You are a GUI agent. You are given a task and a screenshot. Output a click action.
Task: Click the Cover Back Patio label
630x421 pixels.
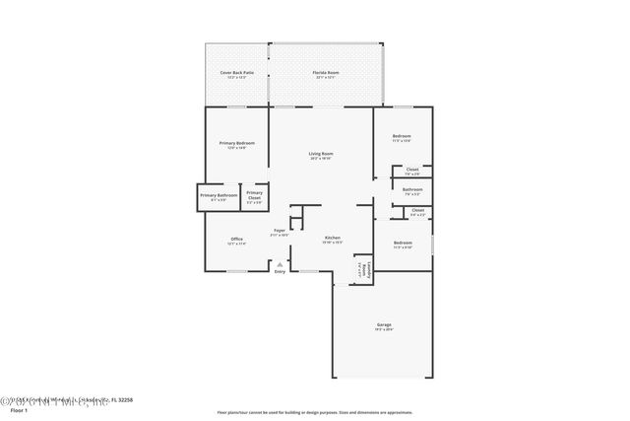pos(236,73)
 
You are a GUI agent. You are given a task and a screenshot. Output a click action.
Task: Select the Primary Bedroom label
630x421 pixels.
pos(237,144)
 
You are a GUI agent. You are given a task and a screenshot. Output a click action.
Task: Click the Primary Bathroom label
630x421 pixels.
pos(220,195)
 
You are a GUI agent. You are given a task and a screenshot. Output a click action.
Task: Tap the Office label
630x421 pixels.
pos(236,240)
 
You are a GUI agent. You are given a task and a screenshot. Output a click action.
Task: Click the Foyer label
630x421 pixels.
pos(280,231)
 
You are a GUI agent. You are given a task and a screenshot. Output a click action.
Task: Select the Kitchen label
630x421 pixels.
pos(333,239)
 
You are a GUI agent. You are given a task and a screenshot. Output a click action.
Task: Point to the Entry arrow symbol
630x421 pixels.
pos(280,264)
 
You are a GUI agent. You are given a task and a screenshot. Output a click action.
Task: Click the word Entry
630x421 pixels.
pos(280,272)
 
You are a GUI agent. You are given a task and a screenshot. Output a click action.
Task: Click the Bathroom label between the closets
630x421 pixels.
pos(413,189)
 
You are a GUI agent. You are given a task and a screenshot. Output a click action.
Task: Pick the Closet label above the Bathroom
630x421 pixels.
pos(412,170)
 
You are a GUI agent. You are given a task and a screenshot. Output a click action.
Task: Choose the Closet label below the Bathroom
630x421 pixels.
pos(417,210)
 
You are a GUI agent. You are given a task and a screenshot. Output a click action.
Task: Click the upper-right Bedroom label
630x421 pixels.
pos(402,136)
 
